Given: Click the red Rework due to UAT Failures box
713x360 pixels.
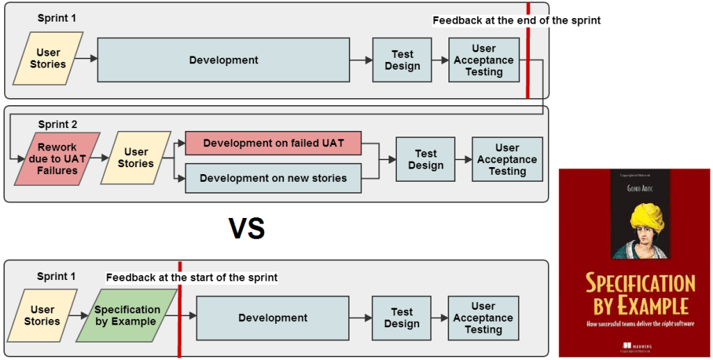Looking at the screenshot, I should pos(57,159).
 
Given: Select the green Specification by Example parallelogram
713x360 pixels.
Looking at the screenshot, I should pos(127,315).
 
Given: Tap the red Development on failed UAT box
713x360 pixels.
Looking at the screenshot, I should pos(273,143).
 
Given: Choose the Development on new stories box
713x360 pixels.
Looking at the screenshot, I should pos(273,178).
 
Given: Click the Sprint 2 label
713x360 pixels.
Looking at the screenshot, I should pos(58,125).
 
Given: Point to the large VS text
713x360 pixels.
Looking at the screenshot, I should pos(247,229).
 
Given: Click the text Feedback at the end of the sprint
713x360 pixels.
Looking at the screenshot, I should pos(516,20).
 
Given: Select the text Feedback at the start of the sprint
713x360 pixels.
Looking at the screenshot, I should pos(191,277).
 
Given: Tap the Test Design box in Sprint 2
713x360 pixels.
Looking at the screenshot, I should pos(425,159).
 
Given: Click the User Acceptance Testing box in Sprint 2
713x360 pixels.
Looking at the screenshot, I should pos(507,159).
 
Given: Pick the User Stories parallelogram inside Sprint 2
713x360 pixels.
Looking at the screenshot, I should pos(136,158).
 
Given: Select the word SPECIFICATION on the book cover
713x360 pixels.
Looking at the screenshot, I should pos(640,283).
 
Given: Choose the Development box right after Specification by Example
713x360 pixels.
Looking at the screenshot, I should pos(272,318).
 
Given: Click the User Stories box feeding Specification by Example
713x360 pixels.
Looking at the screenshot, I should pos(42,315).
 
